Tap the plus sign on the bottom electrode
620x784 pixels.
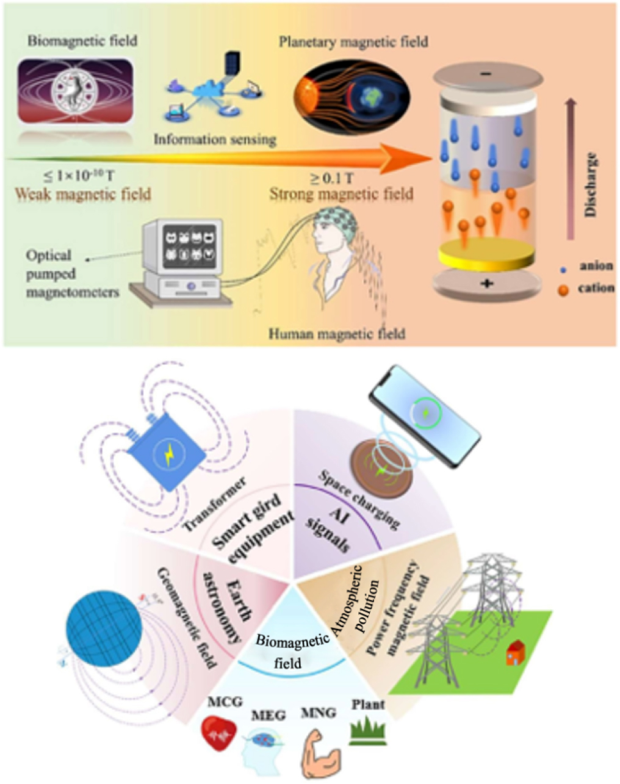486,283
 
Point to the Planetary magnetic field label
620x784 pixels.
353,42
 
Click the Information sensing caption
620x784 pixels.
215,140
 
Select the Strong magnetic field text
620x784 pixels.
341,194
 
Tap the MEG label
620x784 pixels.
269,715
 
